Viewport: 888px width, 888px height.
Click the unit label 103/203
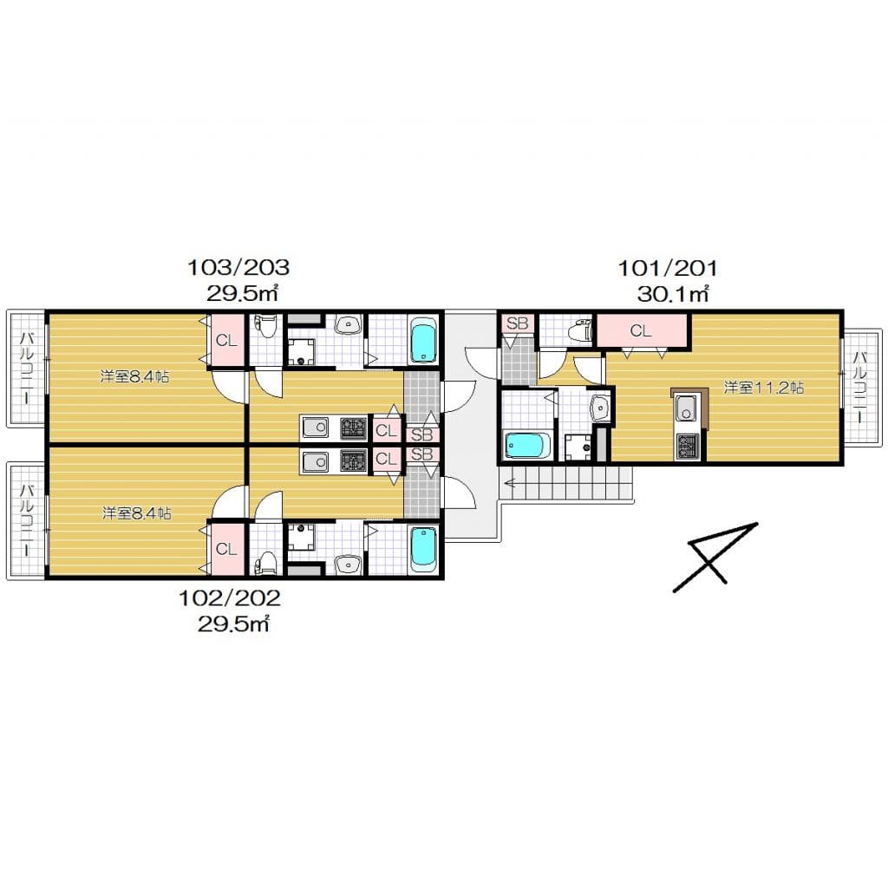coord(238,266)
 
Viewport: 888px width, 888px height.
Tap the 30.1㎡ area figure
coord(673,294)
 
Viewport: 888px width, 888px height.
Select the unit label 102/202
coord(230,597)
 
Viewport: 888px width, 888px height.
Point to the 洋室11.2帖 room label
coord(764,388)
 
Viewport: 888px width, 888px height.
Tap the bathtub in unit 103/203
coord(423,341)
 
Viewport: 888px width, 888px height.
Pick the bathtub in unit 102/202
coord(423,548)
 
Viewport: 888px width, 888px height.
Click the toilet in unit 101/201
coord(576,330)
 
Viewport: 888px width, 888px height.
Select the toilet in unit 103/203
coord(265,327)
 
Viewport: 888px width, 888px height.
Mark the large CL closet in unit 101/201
coord(642,330)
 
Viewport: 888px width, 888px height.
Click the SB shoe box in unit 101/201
coord(517,324)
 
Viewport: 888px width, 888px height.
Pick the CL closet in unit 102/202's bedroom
coord(226,549)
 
